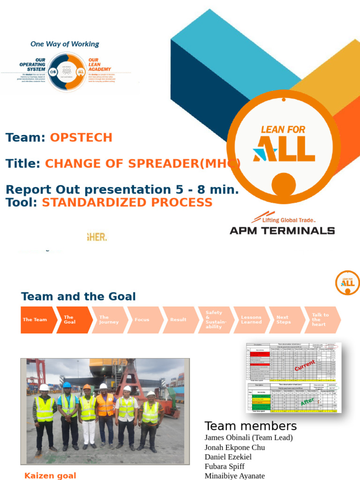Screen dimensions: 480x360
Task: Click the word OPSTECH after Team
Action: (81, 137)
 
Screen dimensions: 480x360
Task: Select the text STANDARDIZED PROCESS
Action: (127, 202)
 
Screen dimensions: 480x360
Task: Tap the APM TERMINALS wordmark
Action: (282, 230)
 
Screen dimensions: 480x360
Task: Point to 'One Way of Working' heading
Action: (65, 44)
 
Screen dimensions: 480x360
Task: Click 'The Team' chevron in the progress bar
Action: (36, 320)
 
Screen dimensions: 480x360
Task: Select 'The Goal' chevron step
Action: (71, 320)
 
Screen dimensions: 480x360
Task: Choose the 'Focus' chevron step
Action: (142, 320)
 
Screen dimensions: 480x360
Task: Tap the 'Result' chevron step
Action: (178, 320)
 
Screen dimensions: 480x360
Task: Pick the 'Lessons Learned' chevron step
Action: (251, 320)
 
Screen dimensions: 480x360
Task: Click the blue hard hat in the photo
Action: (67, 385)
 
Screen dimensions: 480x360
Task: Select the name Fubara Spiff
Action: (225, 466)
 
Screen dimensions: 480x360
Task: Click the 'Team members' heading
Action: (250, 426)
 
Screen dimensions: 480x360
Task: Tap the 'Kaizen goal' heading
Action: (50, 475)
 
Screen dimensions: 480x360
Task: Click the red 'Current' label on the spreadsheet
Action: (305, 366)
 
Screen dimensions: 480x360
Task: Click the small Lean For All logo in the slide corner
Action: (347, 283)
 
